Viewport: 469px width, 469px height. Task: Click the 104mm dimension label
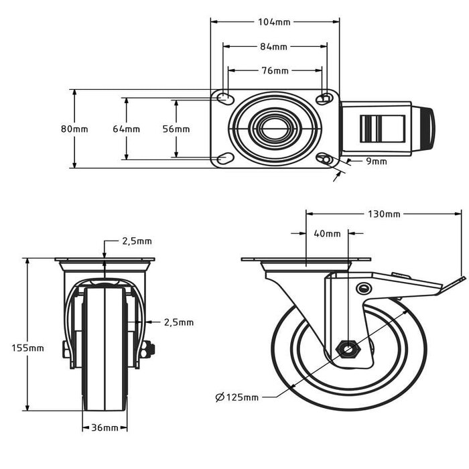pos(275,22)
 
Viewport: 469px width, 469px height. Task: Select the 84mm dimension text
pos(274,47)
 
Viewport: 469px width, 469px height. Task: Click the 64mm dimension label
pos(126,129)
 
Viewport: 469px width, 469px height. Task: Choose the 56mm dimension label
pos(176,129)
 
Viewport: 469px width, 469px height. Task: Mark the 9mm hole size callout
pos(377,161)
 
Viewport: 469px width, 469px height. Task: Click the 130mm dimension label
pos(385,214)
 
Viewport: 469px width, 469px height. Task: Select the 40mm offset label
pos(327,234)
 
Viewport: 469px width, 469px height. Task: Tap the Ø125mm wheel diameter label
pos(237,397)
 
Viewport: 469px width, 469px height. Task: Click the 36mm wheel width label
pos(105,427)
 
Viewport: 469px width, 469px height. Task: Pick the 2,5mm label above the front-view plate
pos(137,241)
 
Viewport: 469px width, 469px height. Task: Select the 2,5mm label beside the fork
pos(178,322)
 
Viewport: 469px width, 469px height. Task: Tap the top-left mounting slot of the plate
pos(226,99)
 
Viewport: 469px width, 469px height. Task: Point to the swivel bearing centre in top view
pos(275,129)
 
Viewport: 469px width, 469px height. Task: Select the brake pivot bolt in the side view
pos(364,288)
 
